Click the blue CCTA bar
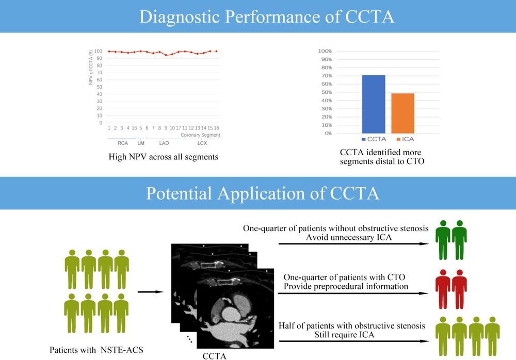374,104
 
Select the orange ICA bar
402,113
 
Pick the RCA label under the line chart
122,143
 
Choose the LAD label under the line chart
164,143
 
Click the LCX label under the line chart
202,143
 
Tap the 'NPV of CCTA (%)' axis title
91,68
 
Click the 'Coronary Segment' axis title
201,135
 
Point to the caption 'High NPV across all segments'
163,156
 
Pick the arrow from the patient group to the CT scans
153,292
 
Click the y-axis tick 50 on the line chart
101,87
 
